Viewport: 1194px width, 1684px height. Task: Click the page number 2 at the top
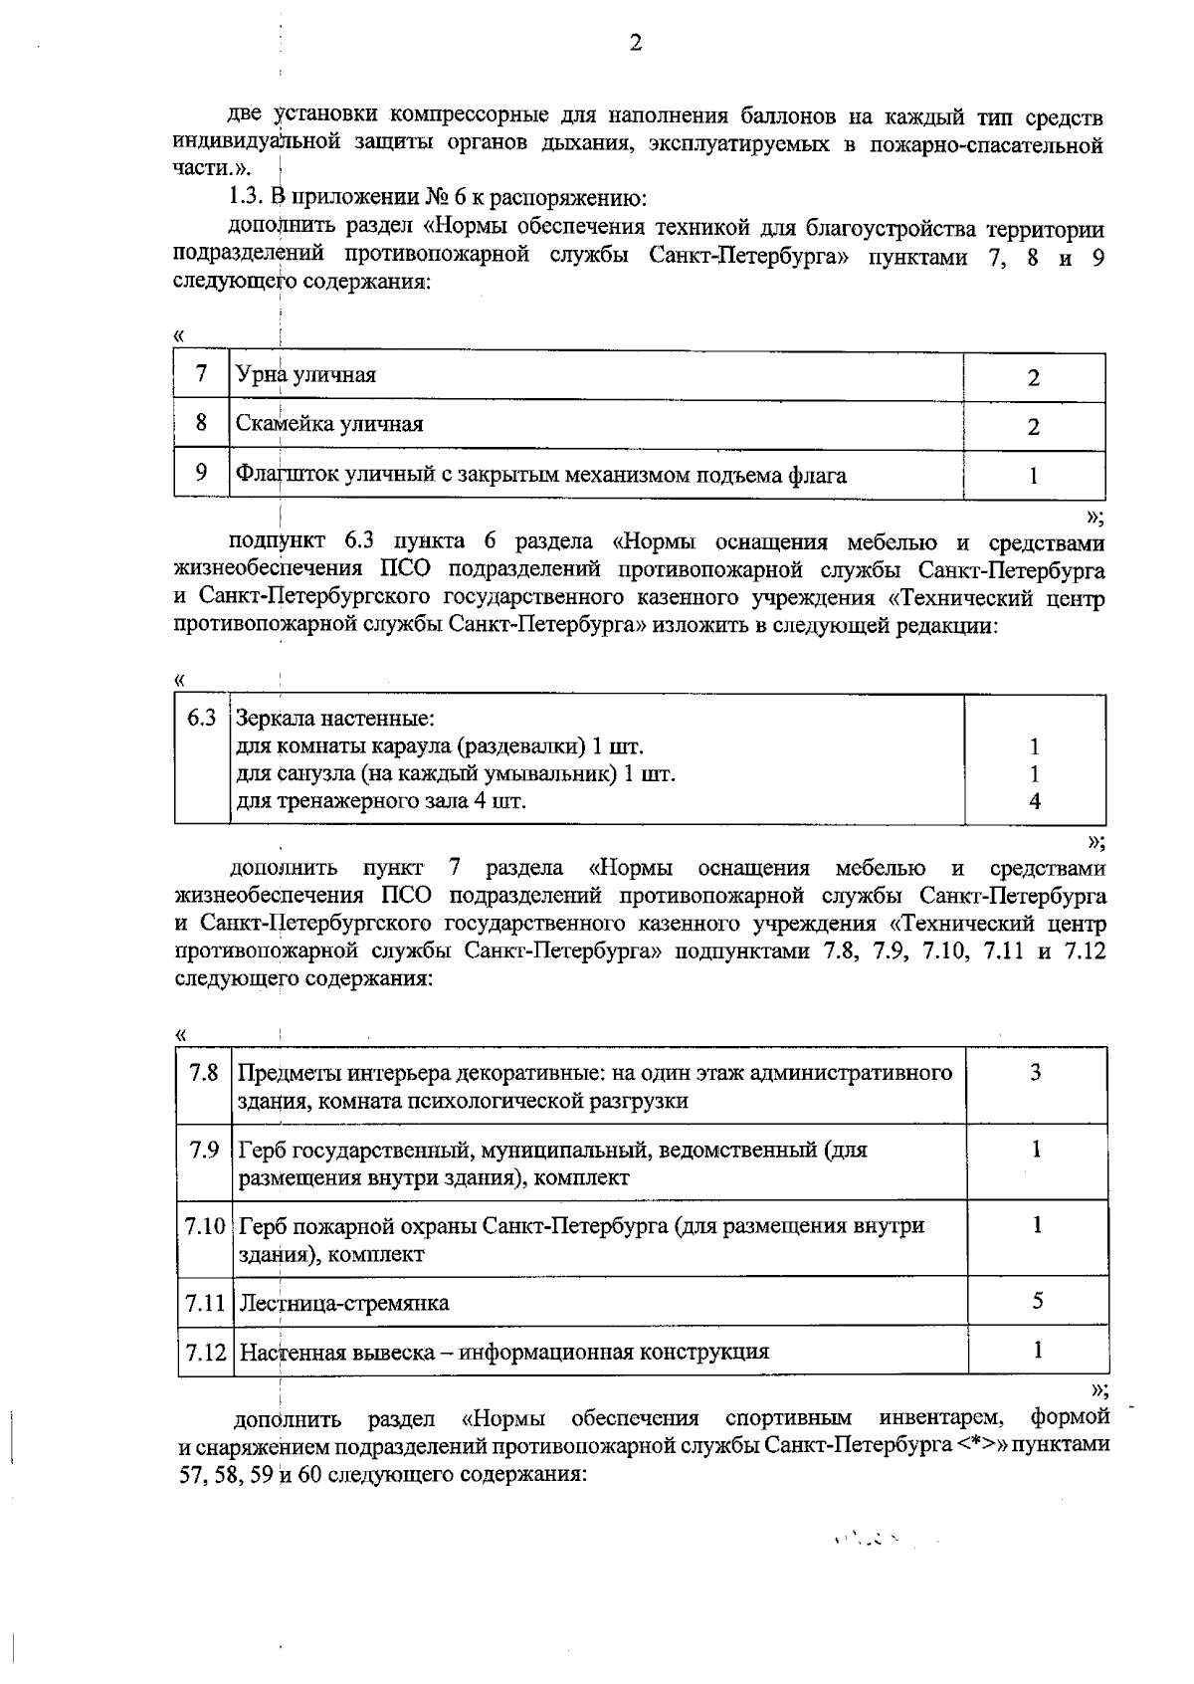tap(636, 42)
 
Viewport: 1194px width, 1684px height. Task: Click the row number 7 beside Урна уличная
tap(202, 373)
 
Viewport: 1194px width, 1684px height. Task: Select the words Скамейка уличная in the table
tap(329, 424)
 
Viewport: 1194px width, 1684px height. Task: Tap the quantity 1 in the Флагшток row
tap(1033, 476)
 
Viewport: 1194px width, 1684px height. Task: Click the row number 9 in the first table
tap(202, 473)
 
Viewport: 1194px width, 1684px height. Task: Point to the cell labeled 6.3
tap(202, 718)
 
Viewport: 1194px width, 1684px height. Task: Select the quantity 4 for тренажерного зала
tap(1035, 801)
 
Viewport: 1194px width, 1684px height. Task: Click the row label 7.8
tap(204, 1073)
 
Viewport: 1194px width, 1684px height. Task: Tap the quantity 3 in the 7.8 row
tap(1036, 1072)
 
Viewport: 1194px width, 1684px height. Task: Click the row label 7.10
tap(205, 1226)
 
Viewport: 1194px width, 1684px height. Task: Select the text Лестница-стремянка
tap(344, 1303)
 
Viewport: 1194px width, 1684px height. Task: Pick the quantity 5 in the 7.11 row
tap(1037, 1301)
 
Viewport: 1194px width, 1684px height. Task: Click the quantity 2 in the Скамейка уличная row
tap(1034, 427)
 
